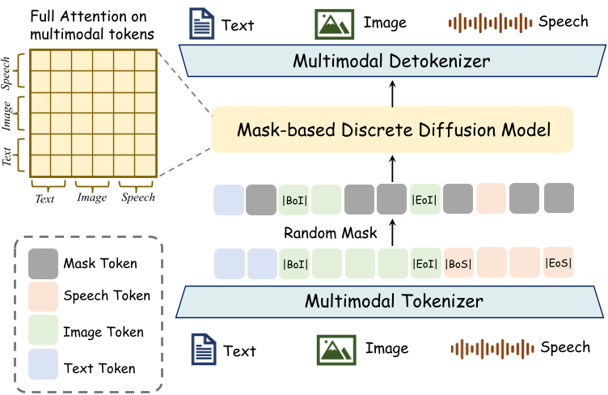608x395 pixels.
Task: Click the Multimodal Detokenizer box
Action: [391, 61]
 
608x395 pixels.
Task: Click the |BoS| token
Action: [459, 263]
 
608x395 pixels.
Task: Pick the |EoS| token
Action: [558, 263]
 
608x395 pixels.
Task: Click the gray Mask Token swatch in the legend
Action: [43, 263]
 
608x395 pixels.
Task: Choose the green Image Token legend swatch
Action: [43, 332]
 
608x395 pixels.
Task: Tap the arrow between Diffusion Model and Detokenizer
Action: [392, 94]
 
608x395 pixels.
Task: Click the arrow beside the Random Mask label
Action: [392, 233]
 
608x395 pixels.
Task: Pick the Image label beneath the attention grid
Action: [92, 197]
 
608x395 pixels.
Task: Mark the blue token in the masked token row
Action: [229, 198]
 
